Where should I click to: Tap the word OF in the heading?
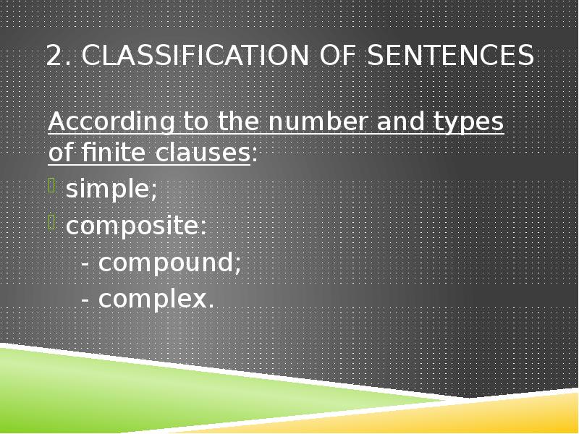pos(337,56)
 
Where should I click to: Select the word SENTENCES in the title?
pos(450,56)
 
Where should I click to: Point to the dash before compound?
pos(86,263)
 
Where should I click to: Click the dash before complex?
pos(86,299)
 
